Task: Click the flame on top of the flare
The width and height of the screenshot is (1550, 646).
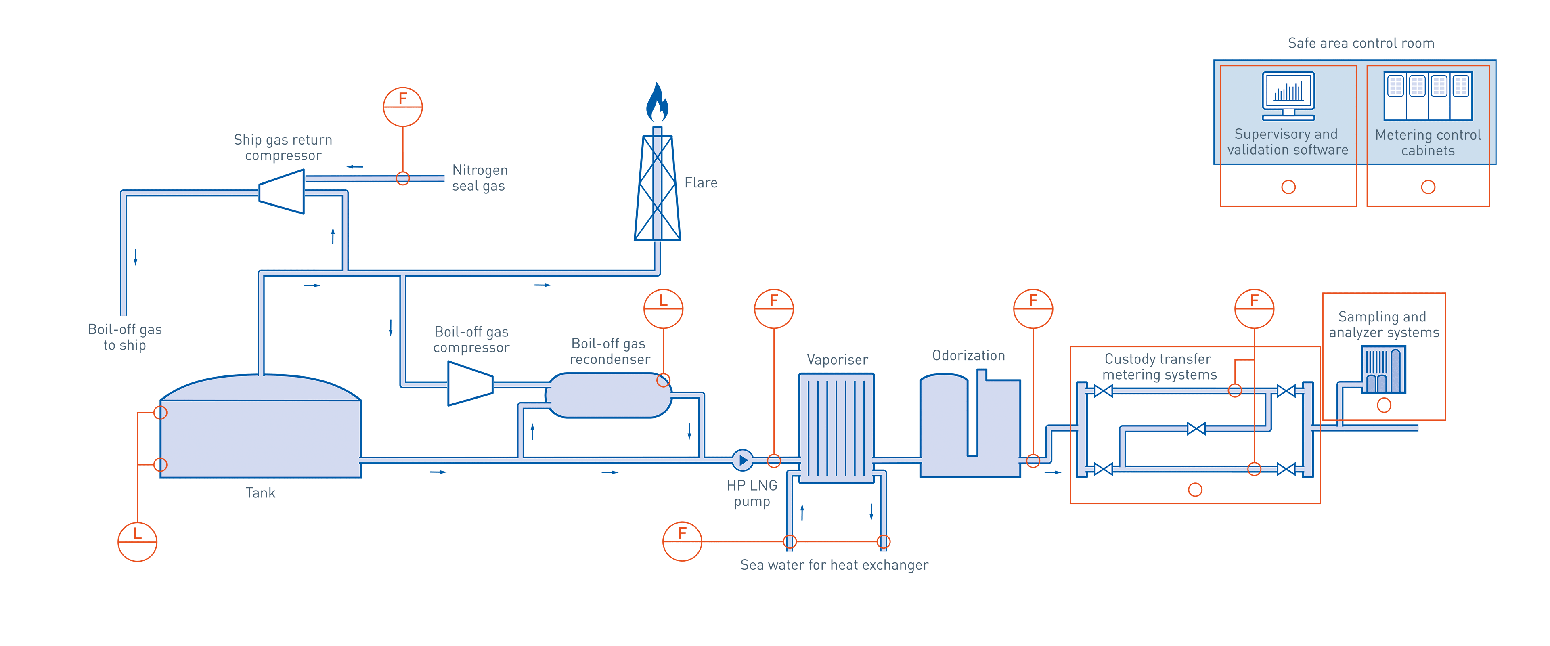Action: (657, 103)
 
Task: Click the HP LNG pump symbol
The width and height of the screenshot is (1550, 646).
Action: (743, 461)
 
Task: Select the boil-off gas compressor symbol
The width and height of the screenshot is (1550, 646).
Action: (470, 384)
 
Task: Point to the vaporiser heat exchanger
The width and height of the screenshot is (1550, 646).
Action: (836, 428)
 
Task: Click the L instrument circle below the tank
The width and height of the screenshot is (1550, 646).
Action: (137, 542)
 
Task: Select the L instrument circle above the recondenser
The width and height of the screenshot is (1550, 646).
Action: (663, 308)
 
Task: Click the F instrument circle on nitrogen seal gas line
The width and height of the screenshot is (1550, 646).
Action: (402, 107)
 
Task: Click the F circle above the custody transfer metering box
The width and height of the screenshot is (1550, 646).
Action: (1254, 308)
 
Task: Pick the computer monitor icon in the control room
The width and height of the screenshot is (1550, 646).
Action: (1288, 96)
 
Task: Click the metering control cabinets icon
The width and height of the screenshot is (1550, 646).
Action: (1428, 96)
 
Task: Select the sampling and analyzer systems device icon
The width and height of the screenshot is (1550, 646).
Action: (1383, 370)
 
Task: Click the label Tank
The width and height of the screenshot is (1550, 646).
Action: (260, 493)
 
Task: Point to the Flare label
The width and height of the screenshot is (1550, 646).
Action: (700, 182)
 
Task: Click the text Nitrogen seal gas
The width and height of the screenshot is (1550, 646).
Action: (480, 178)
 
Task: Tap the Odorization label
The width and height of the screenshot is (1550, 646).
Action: (968, 356)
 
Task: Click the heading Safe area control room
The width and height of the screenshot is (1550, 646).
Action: (1360, 43)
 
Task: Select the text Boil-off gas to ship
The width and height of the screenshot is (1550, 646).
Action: (125, 337)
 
